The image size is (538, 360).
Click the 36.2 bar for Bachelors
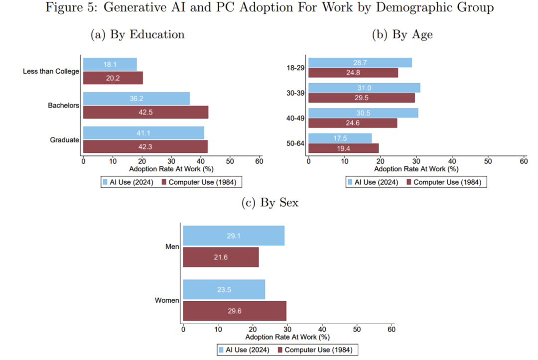point(136,99)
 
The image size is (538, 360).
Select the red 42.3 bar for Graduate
point(145,146)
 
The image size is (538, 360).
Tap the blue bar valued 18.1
point(110,64)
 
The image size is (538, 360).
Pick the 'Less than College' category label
point(51,71)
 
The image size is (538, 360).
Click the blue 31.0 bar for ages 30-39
point(364,88)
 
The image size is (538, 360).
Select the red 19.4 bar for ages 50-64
point(343,148)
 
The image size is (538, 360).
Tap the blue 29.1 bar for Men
point(234,236)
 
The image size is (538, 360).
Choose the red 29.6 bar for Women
point(235,311)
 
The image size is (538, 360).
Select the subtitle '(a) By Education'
point(137,34)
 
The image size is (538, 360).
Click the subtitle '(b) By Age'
point(403,34)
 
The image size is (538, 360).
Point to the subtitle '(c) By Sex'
point(269,203)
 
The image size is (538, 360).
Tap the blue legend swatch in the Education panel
point(105,182)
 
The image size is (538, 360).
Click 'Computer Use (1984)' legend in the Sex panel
point(318,350)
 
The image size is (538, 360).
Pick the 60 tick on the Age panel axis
point(524,161)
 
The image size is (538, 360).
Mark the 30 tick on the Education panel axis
point(171,161)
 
